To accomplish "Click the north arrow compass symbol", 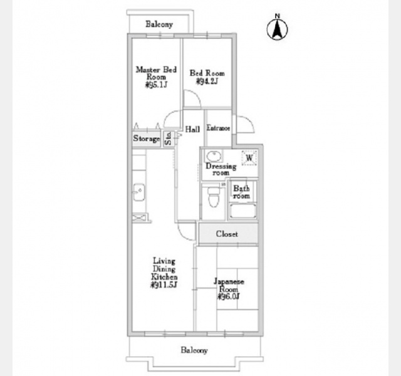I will tap(276, 28).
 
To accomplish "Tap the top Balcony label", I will tap(159, 24).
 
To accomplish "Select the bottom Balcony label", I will tap(194, 350).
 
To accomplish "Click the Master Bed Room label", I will tap(157, 76).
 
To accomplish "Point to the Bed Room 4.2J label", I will tap(207, 76).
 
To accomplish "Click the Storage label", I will tap(146, 138).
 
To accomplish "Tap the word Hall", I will tap(192, 129).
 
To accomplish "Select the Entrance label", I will tap(219, 128).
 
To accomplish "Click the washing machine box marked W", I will tap(249, 157).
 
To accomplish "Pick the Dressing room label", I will tap(221, 169).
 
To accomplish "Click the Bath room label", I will tap(241, 192).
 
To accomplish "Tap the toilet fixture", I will tap(213, 199).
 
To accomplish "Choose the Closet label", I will tap(227, 234).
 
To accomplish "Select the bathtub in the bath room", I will tap(242, 211).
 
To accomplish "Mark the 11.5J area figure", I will tap(165, 285).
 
